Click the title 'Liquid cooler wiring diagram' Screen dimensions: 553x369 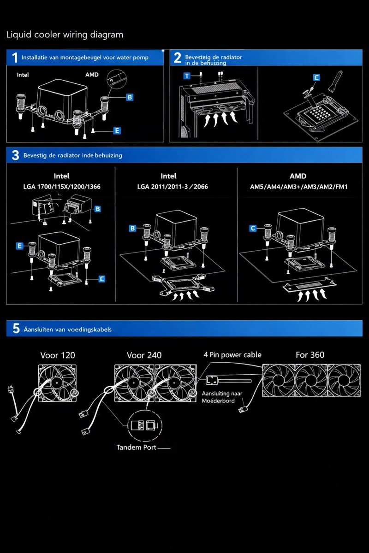click(x=65, y=35)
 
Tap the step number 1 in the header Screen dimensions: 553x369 click(x=15, y=58)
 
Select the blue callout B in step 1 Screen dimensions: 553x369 click(x=130, y=97)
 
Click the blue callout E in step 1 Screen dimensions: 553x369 click(x=117, y=131)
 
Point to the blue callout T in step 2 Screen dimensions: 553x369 click(x=186, y=75)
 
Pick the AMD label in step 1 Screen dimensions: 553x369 click(x=92, y=75)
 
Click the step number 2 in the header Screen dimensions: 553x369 click(x=178, y=58)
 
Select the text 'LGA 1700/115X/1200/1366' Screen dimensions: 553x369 click(x=62, y=187)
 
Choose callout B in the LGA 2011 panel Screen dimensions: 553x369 click(x=132, y=228)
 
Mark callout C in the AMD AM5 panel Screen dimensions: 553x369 click(x=253, y=228)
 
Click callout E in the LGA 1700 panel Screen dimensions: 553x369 click(x=19, y=246)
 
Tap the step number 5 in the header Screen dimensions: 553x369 click(x=16, y=329)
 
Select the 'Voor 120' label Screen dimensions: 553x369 click(x=58, y=355)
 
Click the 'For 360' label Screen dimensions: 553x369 click(x=309, y=355)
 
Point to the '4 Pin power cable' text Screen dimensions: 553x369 click(x=232, y=355)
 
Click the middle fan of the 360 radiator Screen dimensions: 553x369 click(x=311, y=381)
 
